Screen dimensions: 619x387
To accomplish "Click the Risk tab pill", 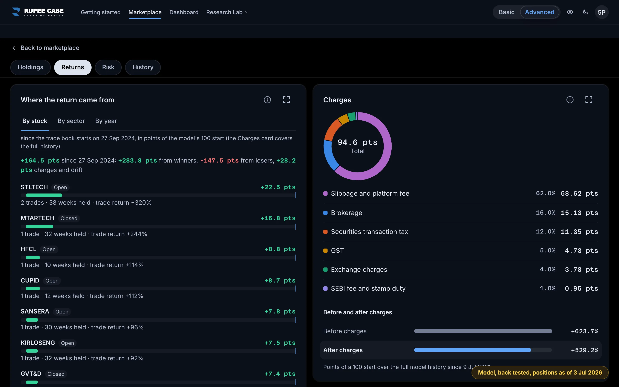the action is coord(108,67).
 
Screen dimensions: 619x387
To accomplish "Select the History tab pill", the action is coord(143,67).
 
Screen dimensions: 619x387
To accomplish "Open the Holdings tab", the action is coord(31,67).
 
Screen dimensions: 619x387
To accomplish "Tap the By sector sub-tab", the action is coord(71,121).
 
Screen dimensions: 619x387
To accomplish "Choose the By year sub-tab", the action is coord(106,121).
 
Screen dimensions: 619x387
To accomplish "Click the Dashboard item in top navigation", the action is coord(184,12).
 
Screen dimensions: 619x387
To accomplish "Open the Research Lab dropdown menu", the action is coord(227,12).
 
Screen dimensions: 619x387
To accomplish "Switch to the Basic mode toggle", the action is coord(506,12).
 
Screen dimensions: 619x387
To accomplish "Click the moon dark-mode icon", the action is coord(585,12).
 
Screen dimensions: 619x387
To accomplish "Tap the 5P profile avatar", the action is coord(602,12).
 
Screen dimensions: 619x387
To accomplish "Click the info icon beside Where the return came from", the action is coord(267,100).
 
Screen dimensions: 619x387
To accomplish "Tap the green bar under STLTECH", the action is coord(44,195).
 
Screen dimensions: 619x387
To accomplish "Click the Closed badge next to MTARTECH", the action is coord(69,218).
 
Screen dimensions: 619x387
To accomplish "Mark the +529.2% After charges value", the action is coord(584,350).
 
